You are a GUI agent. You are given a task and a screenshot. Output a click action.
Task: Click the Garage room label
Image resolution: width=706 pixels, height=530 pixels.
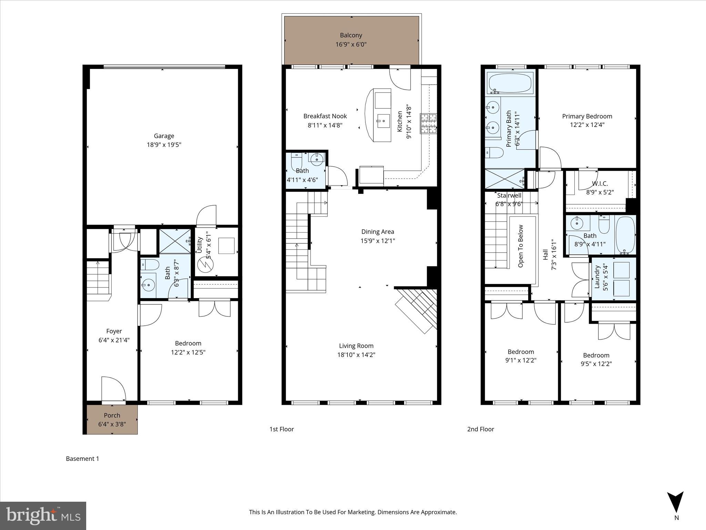(x=164, y=136)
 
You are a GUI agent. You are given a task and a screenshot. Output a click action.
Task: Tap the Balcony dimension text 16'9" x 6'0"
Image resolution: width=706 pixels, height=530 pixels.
(x=351, y=45)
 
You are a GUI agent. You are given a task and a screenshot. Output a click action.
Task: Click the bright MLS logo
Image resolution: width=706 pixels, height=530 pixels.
(x=43, y=516)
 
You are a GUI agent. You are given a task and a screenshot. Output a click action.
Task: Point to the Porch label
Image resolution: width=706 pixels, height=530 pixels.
(x=112, y=415)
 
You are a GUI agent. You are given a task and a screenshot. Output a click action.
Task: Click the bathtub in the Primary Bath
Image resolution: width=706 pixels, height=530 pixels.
(x=510, y=83)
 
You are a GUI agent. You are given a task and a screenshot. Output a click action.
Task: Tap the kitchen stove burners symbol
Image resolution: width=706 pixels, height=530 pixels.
(x=428, y=124)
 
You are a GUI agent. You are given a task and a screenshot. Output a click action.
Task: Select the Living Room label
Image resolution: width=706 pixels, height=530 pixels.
(x=356, y=346)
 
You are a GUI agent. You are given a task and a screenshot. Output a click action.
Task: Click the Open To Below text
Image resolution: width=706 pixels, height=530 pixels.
(x=521, y=246)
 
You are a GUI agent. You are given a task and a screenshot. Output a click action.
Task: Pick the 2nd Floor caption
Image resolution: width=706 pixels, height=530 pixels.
(x=481, y=429)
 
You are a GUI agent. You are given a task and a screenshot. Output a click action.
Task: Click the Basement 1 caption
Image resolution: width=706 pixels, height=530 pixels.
(x=82, y=459)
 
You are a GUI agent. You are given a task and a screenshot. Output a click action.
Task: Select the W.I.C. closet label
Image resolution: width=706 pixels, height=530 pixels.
(x=600, y=184)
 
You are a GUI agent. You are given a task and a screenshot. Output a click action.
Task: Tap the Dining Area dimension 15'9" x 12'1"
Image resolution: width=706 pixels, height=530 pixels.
(x=377, y=241)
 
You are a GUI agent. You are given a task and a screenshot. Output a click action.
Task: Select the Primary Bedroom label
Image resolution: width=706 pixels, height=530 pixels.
(x=587, y=116)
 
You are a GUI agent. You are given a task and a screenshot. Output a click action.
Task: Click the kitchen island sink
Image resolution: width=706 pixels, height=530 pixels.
(x=383, y=121)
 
